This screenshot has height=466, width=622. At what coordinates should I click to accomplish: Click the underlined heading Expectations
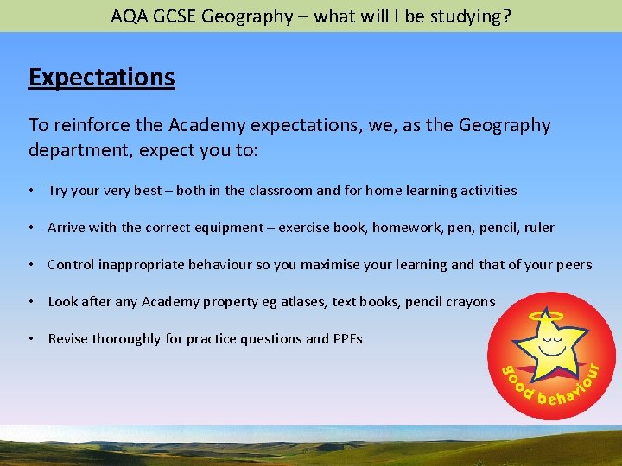[x=101, y=78]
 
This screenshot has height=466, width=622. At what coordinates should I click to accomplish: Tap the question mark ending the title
[x=505, y=16]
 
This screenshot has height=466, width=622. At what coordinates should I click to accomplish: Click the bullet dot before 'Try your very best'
[x=31, y=190]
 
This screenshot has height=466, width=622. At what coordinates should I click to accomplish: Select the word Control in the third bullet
[x=72, y=265]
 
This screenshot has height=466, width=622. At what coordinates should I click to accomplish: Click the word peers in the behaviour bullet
[x=574, y=265]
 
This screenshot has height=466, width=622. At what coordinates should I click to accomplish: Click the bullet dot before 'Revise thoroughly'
[x=31, y=339]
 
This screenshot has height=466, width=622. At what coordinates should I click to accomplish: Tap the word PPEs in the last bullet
[x=346, y=339]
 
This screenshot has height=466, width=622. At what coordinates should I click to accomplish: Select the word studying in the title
[x=465, y=16]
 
